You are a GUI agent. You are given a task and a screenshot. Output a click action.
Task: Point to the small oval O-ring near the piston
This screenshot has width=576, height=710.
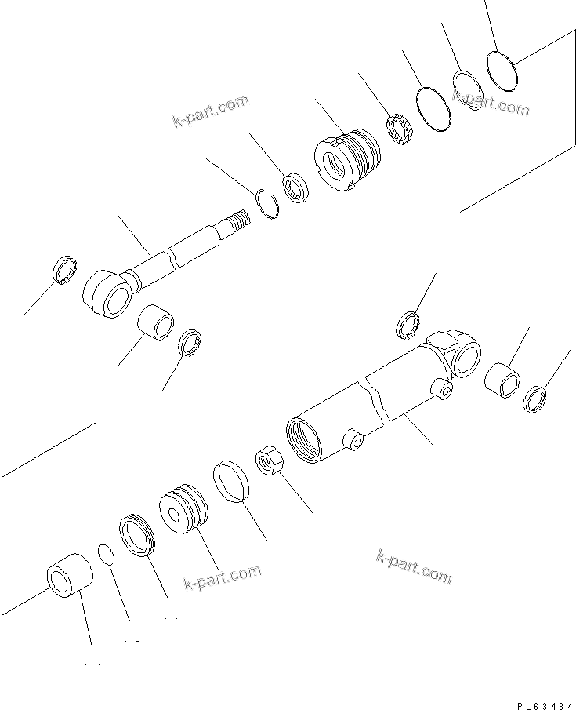point(107,554)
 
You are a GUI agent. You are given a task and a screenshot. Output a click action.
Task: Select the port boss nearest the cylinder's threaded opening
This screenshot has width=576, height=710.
point(352,440)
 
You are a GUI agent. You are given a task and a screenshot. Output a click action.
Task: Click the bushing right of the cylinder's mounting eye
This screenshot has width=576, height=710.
point(502,380)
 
